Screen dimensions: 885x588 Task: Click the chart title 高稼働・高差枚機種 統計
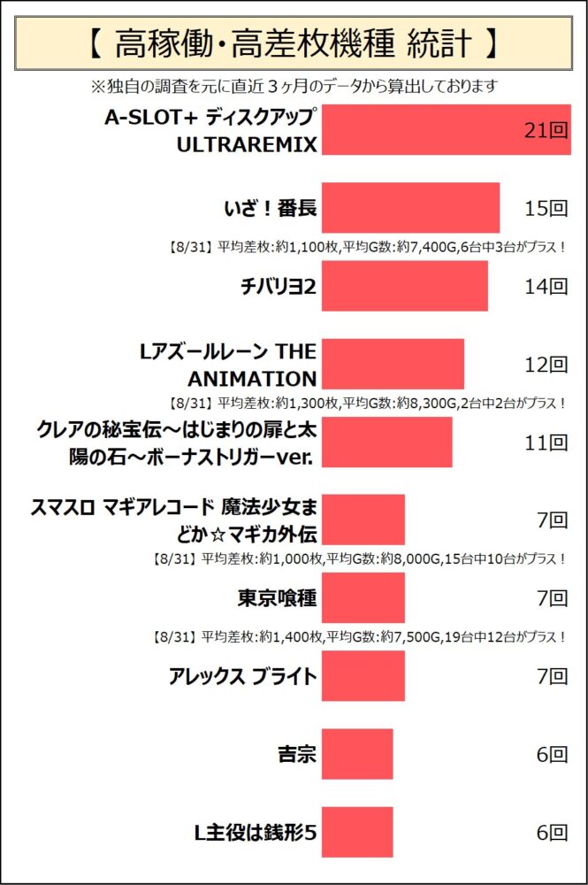click(x=294, y=42)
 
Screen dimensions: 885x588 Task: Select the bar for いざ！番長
click(x=410, y=209)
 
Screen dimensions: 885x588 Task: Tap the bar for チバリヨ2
click(x=404, y=286)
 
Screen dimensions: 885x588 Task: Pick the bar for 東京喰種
click(x=363, y=598)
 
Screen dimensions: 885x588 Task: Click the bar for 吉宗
click(x=356, y=754)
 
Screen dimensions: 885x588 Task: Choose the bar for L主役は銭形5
click(x=356, y=832)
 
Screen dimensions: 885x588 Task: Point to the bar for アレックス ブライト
click(x=363, y=676)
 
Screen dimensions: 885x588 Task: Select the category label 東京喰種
click(x=277, y=598)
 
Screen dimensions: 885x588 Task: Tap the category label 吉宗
click(x=295, y=754)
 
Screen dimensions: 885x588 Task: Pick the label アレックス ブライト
click(x=242, y=676)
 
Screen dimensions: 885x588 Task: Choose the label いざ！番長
click(x=270, y=209)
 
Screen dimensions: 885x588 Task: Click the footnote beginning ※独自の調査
click(x=294, y=86)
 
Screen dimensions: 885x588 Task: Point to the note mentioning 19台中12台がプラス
click(x=358, y=636)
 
